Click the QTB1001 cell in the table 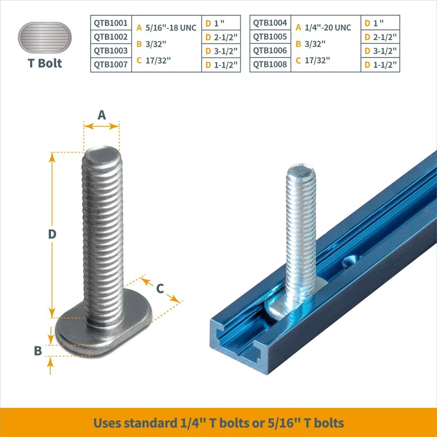[111, 23]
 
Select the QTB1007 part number [111, 65]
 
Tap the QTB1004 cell [270, 23]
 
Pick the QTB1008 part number [270, 65]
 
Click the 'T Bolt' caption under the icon [45, 63]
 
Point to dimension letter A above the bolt [102, 115]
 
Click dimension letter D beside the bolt [52, 234]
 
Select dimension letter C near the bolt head [160, 288]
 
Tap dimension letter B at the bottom [38, 351]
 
